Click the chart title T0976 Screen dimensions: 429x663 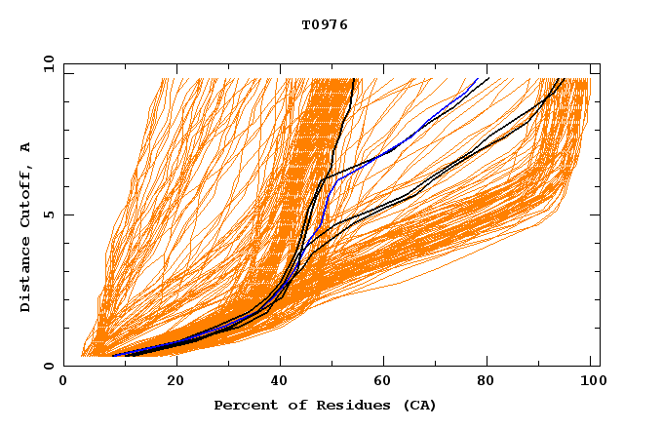point(325,25)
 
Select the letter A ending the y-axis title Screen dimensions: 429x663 point(26,147)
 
